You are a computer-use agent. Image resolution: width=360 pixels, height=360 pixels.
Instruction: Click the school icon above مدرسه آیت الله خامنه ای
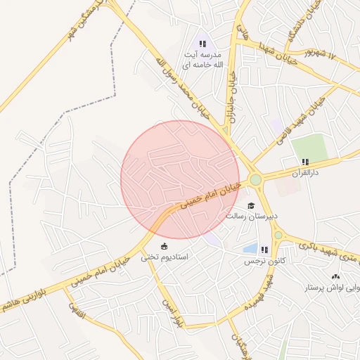pyautogui.click(x=204, y=44)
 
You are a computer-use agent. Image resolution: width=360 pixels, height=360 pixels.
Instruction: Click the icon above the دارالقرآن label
pyautogui.click(x=304, y=161)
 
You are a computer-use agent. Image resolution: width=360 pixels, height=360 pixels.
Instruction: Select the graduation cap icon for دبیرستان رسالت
pyautogui.click(x=251, y=205)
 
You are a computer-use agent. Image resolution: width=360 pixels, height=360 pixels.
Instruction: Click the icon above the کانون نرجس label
pyautogui.click(x=264, y=250)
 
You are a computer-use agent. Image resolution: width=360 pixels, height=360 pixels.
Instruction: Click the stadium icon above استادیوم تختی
pyautogui.click(x=165, y=246)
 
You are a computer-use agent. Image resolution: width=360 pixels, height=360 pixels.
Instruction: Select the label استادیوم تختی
pyautogui.click(x=165, y=257)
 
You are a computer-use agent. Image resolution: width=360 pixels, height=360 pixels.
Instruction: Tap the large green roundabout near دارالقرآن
pyautogui.click(x=255, y=180)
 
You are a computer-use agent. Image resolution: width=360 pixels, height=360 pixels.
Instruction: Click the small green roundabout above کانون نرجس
pyautogui.click(x=278, y=235)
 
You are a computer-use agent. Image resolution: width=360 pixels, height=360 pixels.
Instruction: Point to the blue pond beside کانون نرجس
pyautogui.click(x=250, y=249)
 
